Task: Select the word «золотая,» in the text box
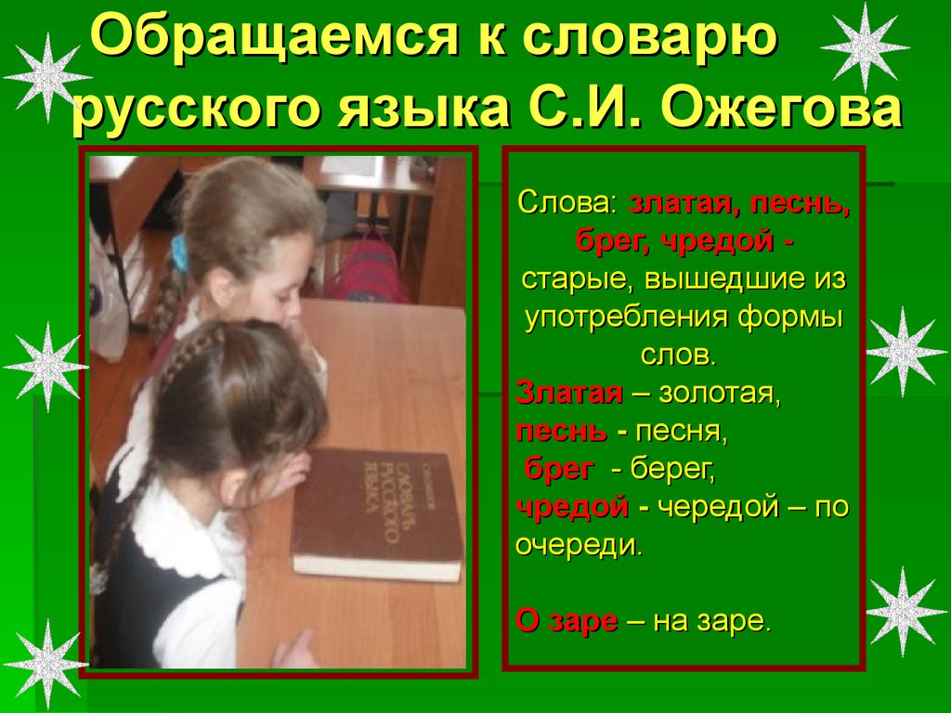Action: (716, 395)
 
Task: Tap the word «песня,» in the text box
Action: (686, 433)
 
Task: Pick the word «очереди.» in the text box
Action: (578, 546)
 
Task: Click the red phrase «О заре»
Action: (567, 621)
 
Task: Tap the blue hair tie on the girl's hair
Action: (178, 253)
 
